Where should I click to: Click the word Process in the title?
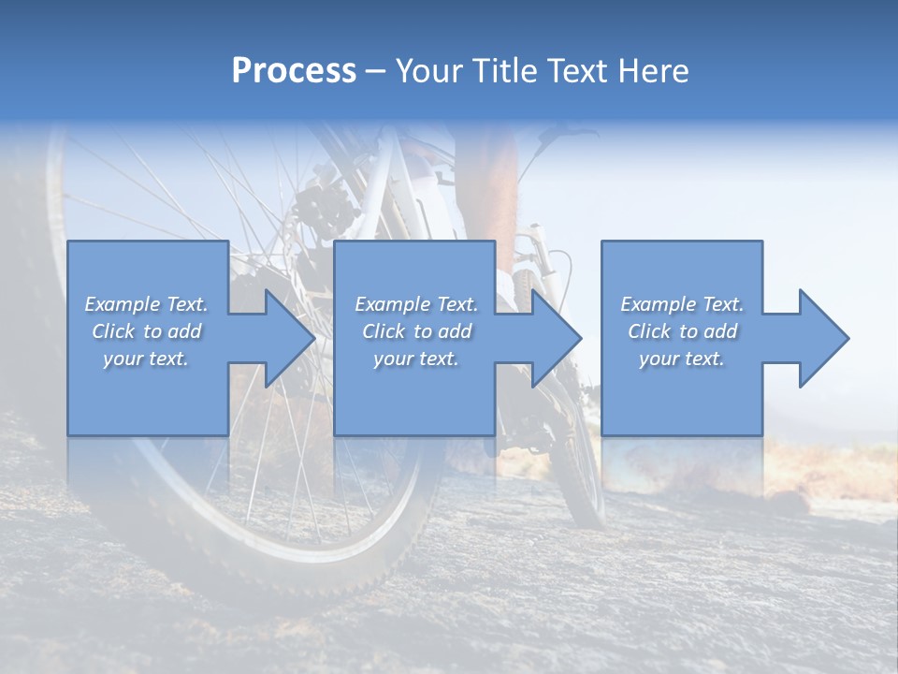pos(294,71)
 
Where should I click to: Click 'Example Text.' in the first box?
pos(146,304)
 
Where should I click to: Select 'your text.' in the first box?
pos(146,359)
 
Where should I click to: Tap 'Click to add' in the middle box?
pos(416,331)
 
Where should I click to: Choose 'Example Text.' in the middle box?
pos(416,304)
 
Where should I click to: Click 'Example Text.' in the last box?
pos(682,304)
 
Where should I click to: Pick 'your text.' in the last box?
pos(682,359)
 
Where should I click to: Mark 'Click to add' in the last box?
pos(682,331)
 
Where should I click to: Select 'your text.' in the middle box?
pos(416,359)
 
